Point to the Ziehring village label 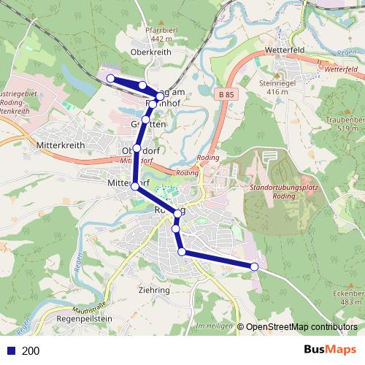pyautogui.click(x=154, y=289)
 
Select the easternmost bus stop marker pyautogui.click(x=254, y=267)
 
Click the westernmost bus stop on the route pyautogui.click(x=110, y=78)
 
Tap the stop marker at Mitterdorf pyautogui.click(x=134, y=187)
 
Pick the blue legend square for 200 pyautogui.click(x=10, y=350)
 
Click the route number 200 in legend pyautogui.click(x=31, y=350)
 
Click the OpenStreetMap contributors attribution pyautogui.click(x=301, y=327)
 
